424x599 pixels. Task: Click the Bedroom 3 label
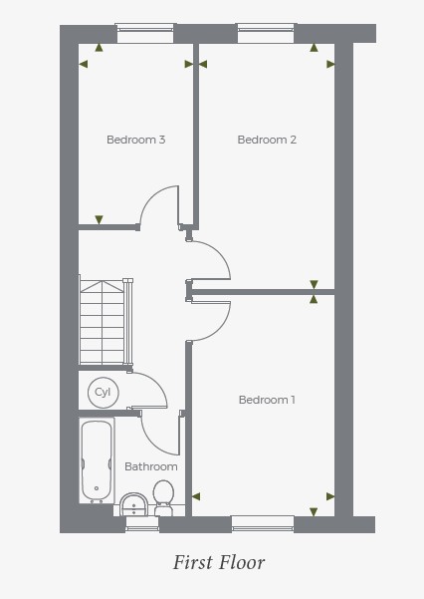pyautogui.click(x=136, y=140)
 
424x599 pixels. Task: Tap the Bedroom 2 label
pyautogui.click(x=267, y=140)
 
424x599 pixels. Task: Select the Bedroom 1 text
pyautogui.click(x=267, y=400)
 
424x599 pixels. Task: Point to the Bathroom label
pyautogui.click(x=151, y=466)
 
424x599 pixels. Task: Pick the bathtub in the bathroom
pyautogui.click(x=97, y=460)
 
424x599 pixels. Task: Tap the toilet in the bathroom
pyautogui.click(x=163, y=497)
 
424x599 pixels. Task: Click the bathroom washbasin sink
pyautogui.click(x=133, y=504)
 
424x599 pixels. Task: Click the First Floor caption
pyautogui.click(x=219, y=562)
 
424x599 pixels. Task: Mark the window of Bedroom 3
pyautogui.click(x=145, y=34)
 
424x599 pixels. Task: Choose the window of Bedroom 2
pyautogui.click(x=266, y=34)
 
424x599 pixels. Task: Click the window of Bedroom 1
pyautogui.click(x=263, y=523)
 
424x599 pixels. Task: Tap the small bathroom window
pyautogui.click(x=142, y=524)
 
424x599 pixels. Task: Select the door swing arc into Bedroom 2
pyautogui.click(x=221, y=253)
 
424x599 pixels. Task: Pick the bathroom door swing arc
pyautogui.click(x=151, y=444)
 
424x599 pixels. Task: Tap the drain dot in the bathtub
pyautogui.click(x=97, y=488)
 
